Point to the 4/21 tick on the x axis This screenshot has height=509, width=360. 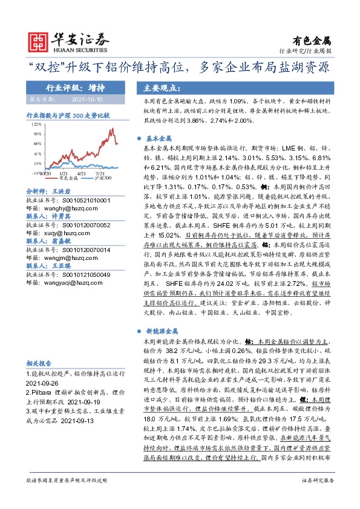pos(80,173)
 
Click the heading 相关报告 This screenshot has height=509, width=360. pos(39,363)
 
